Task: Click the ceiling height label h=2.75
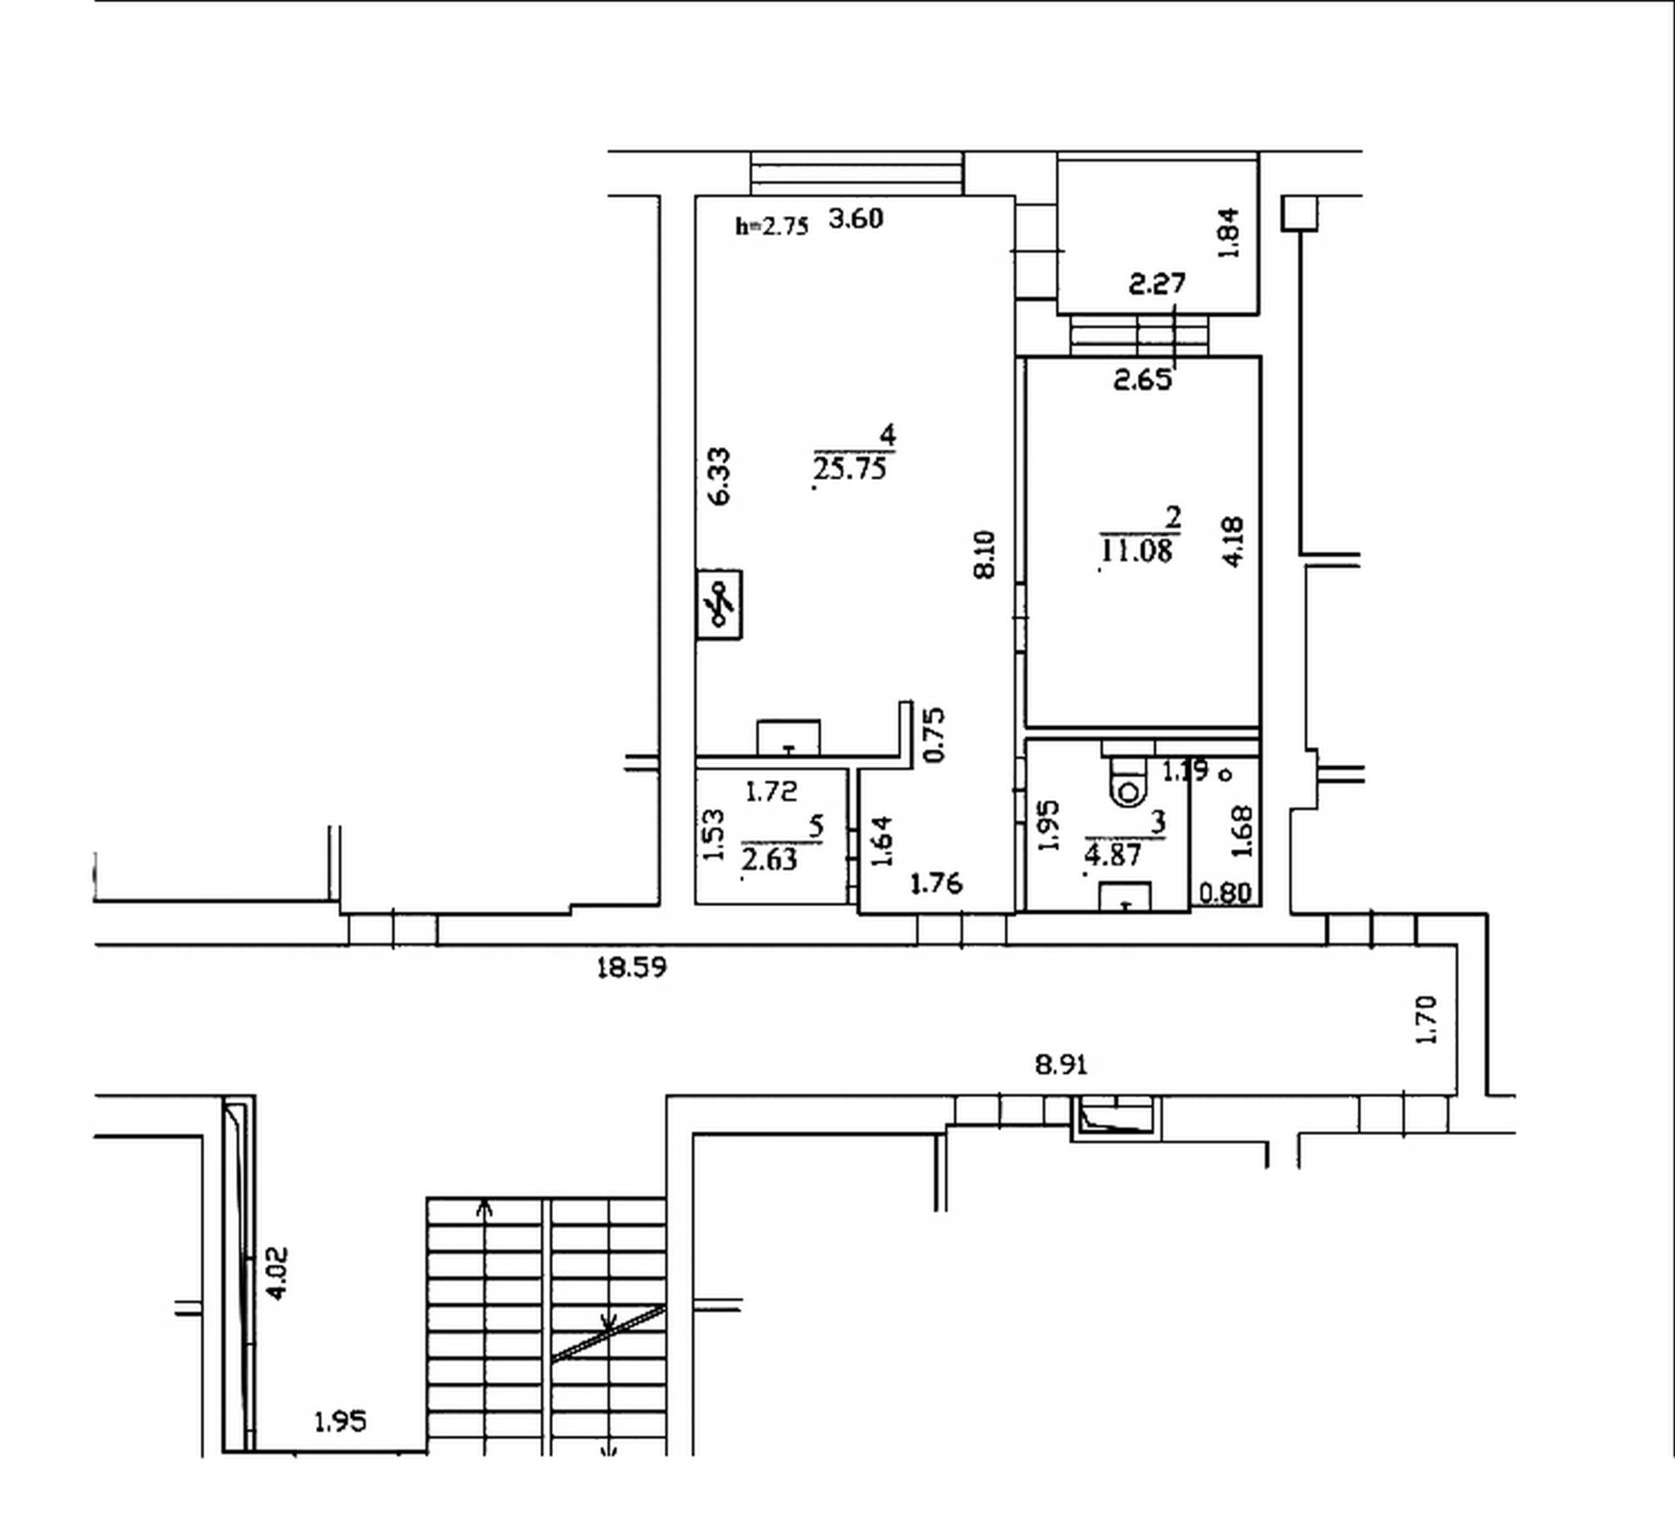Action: tap(772, 226)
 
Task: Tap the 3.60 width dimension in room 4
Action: tap(856, 218)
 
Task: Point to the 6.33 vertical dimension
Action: tap(719, 476)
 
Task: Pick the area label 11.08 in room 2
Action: tap(1136, 551)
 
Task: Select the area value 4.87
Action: tap(1114, 854)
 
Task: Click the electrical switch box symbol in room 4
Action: tap(719, 604)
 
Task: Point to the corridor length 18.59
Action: tap(632, 968)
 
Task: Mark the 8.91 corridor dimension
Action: tap(1061, 1064)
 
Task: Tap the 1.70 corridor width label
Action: tap(1425, 1019)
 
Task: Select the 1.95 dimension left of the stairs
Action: tap(340, 1422)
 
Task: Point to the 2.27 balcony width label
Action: tap(1157, 284)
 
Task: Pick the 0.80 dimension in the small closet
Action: tap(1226, 893)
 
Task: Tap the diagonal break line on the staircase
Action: tap(608, 1333)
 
